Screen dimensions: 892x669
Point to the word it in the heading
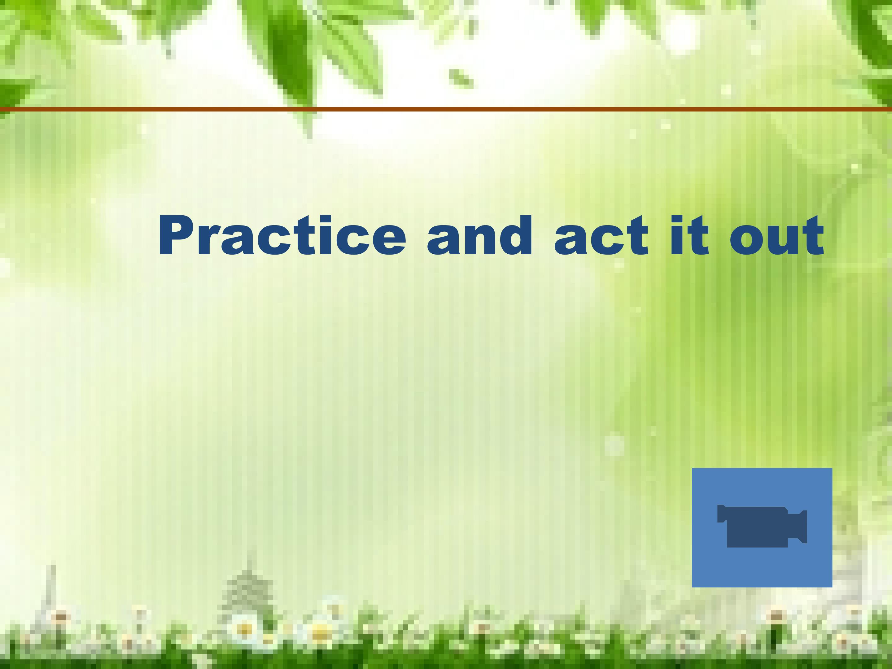tap(689, 236)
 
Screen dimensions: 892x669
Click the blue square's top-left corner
tap(693, 468)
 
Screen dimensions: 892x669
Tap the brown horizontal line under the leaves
tap(446, 109)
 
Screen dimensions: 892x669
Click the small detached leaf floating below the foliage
tap(461, 79)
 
